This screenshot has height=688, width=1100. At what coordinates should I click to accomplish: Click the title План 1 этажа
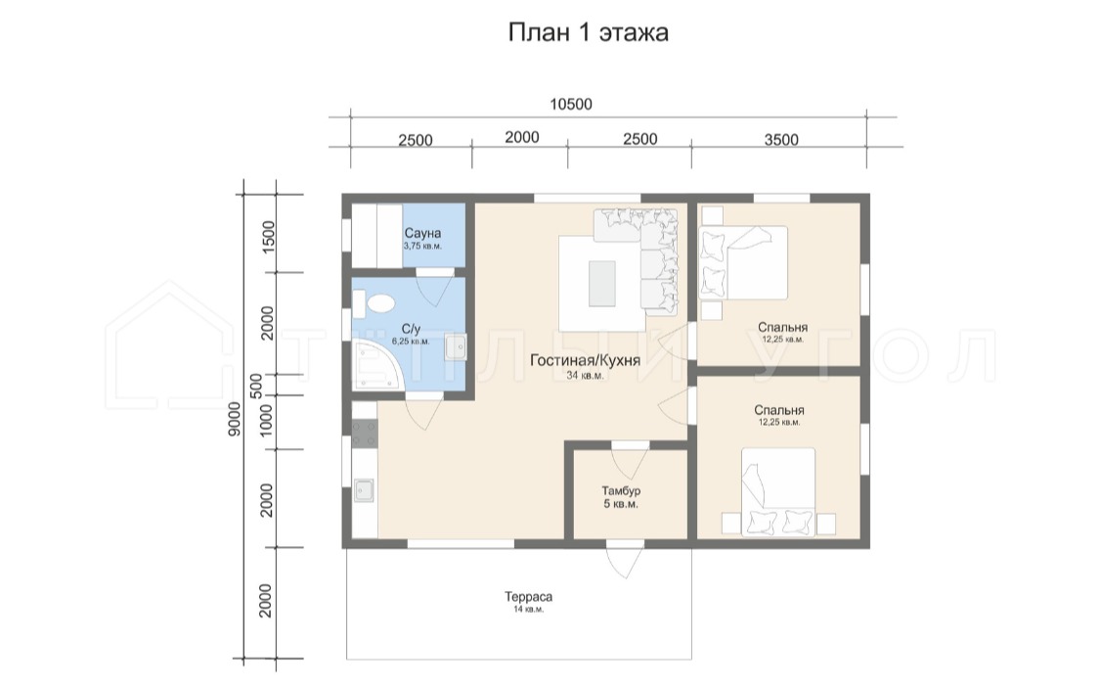[588, 33]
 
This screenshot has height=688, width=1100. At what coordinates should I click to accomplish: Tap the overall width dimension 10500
[570, 105]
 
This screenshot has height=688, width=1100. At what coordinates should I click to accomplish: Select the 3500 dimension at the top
[781, 140]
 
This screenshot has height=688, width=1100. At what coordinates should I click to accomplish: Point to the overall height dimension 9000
[235, 419]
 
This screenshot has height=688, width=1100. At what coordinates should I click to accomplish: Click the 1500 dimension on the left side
[268, 237]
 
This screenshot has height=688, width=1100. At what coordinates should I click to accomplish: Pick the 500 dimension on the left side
[256, 385]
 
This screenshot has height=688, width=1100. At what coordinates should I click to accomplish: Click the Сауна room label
[422, 233]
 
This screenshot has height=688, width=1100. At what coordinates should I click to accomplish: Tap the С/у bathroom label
[411, 329]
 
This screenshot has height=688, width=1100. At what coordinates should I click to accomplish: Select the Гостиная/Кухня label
[585, 360]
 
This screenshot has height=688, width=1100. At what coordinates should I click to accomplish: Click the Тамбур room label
[621, 490]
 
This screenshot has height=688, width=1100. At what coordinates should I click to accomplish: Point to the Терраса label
[528, 597]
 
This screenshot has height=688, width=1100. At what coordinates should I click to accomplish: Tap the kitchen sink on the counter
[365, 490]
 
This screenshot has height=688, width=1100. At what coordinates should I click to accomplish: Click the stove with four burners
[365, 434]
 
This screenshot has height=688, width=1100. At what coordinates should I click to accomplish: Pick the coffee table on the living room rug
[602, 283]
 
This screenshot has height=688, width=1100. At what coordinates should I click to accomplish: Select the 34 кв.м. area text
[585, 376]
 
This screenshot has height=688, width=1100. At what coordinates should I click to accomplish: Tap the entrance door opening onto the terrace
[625, 560]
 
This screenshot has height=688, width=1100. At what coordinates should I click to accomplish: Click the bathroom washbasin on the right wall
[456, 347]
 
